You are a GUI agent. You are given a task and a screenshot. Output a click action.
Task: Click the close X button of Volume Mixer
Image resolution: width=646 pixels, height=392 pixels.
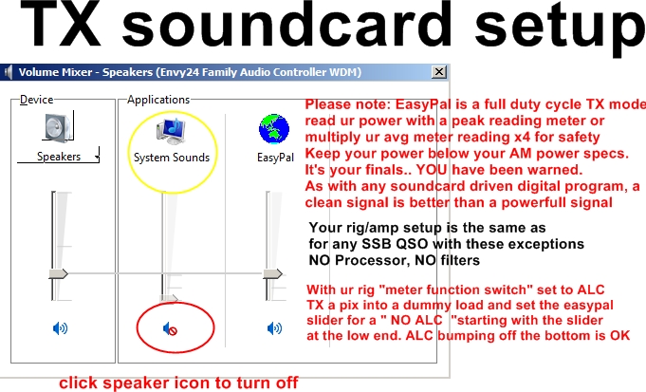[x=439, y=72]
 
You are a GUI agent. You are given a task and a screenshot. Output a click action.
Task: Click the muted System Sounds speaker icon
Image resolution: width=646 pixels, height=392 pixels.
[x=170, y=329]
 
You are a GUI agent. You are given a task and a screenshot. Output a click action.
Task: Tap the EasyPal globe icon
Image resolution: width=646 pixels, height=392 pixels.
[x=274, y=129]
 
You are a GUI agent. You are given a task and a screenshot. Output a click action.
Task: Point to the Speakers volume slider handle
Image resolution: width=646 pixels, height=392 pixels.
[x=59, y=273]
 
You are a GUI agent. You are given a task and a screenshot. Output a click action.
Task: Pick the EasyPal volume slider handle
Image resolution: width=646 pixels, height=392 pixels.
[x=273, y=273]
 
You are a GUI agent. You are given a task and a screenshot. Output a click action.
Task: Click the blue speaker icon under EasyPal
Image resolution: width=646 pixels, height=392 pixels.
[x=274, y=328]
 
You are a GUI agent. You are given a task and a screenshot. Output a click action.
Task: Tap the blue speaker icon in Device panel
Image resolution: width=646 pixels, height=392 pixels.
[x=60, y=328]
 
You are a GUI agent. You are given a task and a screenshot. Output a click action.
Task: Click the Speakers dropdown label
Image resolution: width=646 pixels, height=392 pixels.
[x=59, y=157]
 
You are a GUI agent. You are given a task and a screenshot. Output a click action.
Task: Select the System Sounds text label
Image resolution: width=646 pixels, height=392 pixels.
[x=172, y=158]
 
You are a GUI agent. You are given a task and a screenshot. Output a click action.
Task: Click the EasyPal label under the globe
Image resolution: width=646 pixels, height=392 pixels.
[x=275, y=158]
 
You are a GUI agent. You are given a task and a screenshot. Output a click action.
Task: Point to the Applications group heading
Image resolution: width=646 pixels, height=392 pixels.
[x=158, y=100]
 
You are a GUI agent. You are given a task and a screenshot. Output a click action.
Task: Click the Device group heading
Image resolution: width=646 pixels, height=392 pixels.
[x=37, y=100]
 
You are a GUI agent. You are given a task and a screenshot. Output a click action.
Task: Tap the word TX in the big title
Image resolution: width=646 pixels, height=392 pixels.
[x=61, y=25]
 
